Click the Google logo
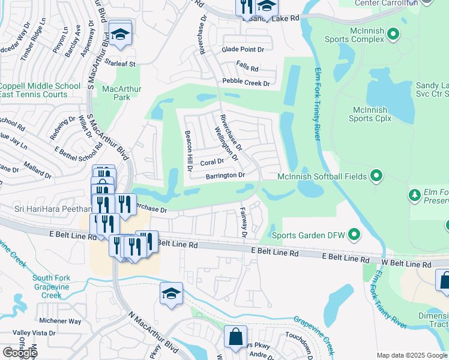tap(19, 353)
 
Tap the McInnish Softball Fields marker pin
tap(376, 176)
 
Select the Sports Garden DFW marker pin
tap(354, 234)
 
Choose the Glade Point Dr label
tap(243, 50)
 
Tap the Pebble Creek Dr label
tap(246, 83)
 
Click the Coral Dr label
tap(212, 162)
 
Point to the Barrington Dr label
tap(226, 175)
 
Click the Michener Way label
tap(59, 321)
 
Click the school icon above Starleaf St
tap(120, 35)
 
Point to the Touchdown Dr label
tap(300, 334)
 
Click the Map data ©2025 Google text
tap(411, 355)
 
